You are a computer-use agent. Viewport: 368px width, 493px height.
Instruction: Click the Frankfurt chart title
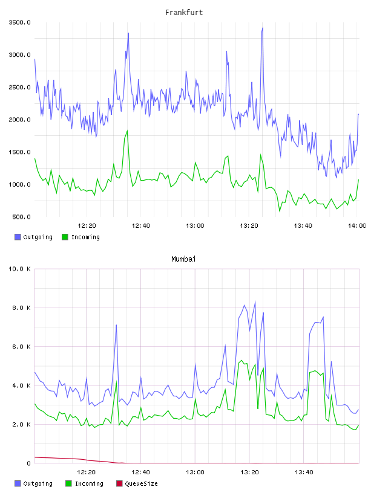coord(184,13)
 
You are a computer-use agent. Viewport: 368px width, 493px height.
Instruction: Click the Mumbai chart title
coord(183,259)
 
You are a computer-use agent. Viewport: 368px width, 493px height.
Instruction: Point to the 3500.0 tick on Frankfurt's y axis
coord(19,22)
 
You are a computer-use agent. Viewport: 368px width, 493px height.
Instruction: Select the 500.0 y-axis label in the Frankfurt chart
coord(21,217)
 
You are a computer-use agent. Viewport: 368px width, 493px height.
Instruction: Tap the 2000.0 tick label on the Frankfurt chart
coord(19,120)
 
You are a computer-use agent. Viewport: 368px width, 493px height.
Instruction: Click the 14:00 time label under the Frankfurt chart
coord(356,226)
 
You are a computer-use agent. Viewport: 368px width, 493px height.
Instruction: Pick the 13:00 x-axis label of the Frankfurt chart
coord(195,226)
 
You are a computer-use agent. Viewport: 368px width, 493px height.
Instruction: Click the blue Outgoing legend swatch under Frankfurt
coord(18,237)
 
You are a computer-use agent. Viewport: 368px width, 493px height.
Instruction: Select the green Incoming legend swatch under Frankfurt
coord(65,237)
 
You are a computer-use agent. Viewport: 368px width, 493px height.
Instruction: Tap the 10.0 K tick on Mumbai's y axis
coord(19,269)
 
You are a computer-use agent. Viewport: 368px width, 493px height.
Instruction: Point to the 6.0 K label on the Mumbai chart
coord(21,347)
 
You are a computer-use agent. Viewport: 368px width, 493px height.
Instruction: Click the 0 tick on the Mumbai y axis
coord(28,463)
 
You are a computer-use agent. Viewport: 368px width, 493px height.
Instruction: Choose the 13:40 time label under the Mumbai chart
coord(304,472)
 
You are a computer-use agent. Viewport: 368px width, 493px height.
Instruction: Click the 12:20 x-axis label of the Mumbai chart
coord(86,472)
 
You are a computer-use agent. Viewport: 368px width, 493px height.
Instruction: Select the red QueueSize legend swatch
coord(119,483)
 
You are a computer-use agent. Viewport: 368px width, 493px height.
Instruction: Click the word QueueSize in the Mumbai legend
coord(141,483)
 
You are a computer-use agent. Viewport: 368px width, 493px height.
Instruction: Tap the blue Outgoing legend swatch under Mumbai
coord(18,483)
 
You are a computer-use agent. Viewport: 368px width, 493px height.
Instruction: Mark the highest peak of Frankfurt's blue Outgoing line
coord(263,28)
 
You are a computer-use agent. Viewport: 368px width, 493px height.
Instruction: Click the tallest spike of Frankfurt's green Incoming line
coord(127,130)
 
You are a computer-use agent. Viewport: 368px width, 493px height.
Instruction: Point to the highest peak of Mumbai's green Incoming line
coord(241,360)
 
